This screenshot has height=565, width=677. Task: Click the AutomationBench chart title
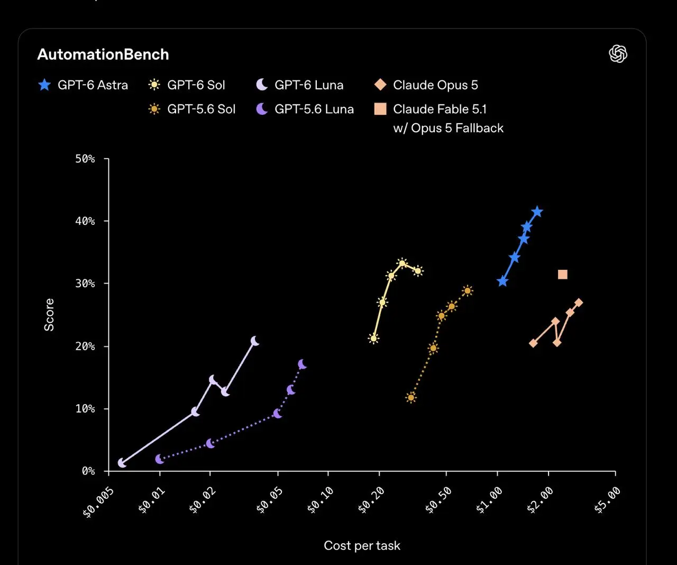click(103, 54)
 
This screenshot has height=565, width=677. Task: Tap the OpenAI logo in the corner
click(618, 54)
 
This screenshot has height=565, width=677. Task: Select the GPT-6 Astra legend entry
click(83, 85)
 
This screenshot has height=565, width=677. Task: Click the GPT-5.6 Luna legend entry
click(305, 109)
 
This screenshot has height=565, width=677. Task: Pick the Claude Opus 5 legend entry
click(426, 85)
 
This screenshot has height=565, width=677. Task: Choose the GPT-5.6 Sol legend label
click(202, 109)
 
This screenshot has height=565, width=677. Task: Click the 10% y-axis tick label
click(85, 408)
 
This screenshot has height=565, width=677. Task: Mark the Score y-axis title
click(49, 315)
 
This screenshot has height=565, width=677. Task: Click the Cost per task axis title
click(362, 545)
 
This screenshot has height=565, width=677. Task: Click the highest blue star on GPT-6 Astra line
click(537, 212)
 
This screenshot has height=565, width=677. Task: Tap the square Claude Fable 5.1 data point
click(563, 275)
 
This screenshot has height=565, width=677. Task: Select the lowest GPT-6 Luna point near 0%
click(122, 463)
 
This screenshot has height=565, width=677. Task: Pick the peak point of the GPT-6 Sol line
click(402, 263)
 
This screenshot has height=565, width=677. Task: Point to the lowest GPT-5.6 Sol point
click(411, 398)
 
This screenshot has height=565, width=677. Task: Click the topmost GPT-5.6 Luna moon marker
click(302, 364)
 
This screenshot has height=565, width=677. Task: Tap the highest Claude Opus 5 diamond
click(579, 303)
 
